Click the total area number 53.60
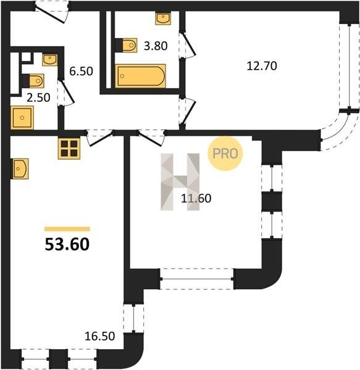click(x=67, y=244)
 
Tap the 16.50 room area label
click(x=99, y=336)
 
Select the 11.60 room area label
click(x=196, y=199)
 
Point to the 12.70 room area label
click(x=262, y=66)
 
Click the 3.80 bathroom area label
click(x=156, y=46)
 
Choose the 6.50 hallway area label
click(x=81, y=71)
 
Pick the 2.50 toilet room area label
click(x=38, y=97)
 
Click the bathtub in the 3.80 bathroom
click(x=140, y=76)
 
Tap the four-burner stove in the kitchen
click(x=69, y=149)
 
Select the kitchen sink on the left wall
click(x=20, y=168)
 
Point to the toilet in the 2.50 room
click(x=34, y=81)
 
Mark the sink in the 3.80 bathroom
click(x=163, y=18)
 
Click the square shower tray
click(x=22, y=118)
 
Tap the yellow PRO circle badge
click(x=225, y=154)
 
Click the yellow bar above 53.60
click(x=67, y=229)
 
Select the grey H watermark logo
click(x=180, y=182)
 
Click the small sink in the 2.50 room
click(x=49, y=60)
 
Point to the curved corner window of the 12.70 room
click(x=337, y=131)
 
